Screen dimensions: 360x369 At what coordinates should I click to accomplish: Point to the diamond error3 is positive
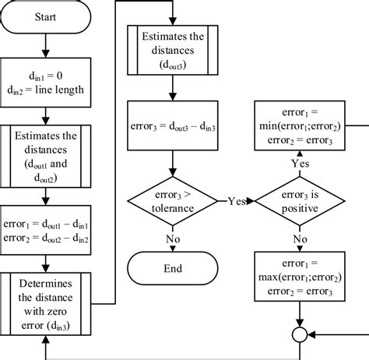tap(300, 199)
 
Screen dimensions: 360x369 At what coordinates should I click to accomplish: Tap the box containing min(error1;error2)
tap(300, 125)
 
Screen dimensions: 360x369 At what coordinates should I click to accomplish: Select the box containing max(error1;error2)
tap(300, 274)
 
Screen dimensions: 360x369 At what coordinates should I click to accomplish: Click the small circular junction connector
tap(300, 335)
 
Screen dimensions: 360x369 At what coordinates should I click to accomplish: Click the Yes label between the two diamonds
tap(236, 200)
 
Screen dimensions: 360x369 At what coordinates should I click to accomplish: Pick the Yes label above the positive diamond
tap(300, 164)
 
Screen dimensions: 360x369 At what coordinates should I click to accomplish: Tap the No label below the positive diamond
tap(300, 238)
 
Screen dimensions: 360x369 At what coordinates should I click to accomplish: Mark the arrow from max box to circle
tap(300, 313)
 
